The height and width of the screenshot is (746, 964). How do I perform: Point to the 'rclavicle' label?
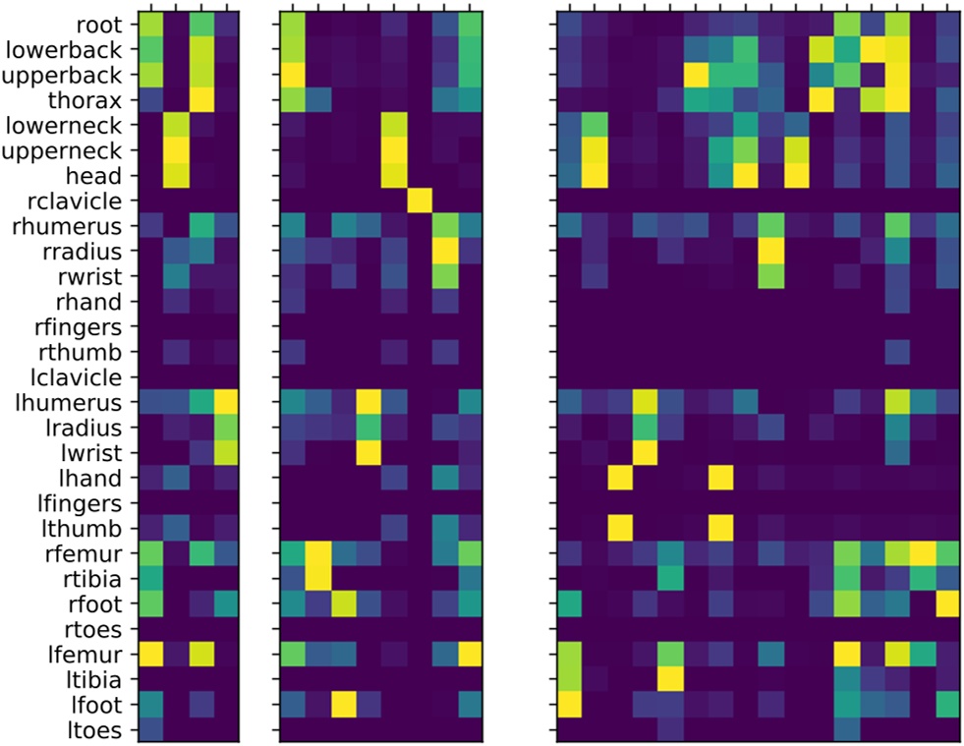click(83, 201)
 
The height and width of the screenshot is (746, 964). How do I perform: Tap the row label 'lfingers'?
click(85, 504)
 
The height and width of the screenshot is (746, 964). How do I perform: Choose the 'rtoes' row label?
click(96, 629)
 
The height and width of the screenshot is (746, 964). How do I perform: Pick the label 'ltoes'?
click(97, 730)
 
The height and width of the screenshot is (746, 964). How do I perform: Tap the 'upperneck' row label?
click(75, 149)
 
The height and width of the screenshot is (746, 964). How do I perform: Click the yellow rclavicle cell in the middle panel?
click(419, 201)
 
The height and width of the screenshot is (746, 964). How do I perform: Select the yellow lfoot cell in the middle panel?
click(343, 705)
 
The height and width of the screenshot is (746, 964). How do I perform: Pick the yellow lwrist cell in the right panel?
click(645, 453)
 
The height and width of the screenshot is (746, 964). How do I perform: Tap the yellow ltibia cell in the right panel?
click(670, 679)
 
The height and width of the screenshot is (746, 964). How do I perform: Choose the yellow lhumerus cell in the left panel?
click(226, 402)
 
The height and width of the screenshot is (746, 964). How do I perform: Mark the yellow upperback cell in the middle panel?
click(293, 74)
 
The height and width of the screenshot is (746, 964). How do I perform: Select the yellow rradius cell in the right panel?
click(770, 251)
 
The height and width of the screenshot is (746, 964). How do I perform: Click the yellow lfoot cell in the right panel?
click(569, 705)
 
